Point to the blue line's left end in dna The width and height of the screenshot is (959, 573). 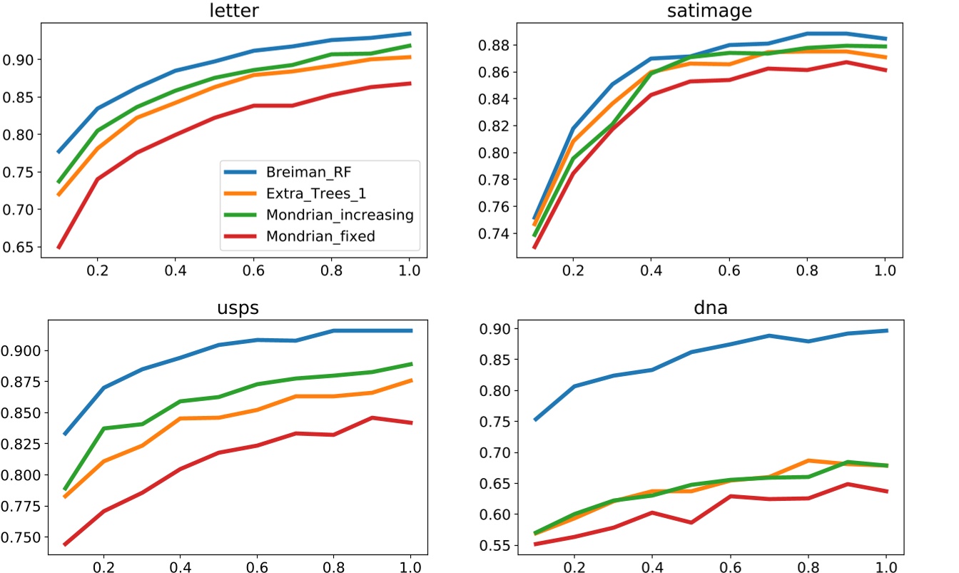[x=535, y=420]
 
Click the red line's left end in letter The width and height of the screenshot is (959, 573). [x=58, y=248]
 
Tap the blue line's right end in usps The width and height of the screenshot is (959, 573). [x=412, y=330]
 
